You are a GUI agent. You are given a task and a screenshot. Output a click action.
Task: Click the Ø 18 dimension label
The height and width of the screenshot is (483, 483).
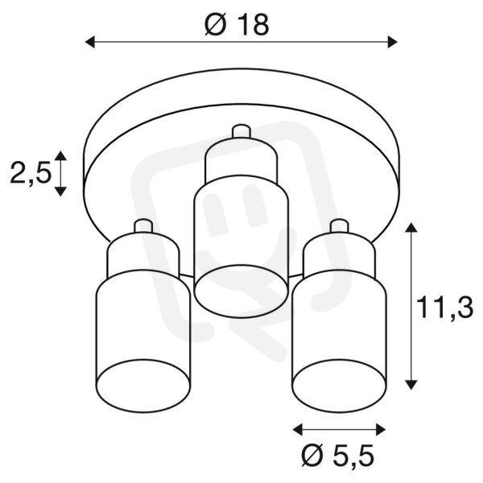click(x=237, y=25)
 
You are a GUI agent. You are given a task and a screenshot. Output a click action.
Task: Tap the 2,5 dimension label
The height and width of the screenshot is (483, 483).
click(x=31, y=173)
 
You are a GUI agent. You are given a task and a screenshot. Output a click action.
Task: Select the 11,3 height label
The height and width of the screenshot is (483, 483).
click(x=444, y=308)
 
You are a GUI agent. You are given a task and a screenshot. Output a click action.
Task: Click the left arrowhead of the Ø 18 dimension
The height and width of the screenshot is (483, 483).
click(x=89, y=42)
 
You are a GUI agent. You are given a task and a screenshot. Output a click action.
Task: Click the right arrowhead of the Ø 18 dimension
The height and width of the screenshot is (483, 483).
click(x=392, y=42)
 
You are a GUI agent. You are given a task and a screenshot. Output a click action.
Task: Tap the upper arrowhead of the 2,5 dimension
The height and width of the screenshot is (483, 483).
click(x=60, y=155)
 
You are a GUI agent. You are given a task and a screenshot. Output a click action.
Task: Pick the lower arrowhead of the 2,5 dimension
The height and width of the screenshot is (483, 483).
click(x=60, y=192)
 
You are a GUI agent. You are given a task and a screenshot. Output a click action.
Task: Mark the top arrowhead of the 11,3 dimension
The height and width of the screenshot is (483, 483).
click(x=411, y=227)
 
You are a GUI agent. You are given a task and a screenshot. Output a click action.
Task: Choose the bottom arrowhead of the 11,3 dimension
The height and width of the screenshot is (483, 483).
click(x=411, y=385)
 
